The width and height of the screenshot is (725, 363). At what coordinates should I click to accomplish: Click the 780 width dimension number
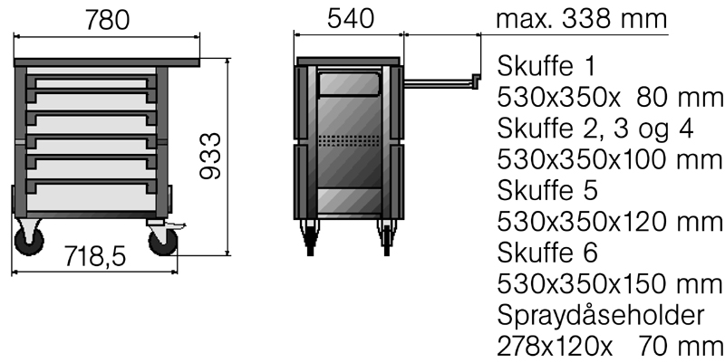pos(107,20)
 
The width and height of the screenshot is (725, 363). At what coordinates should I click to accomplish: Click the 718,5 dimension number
pos(95,256)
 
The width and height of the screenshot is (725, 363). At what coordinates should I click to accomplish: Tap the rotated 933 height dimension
pos(210,156)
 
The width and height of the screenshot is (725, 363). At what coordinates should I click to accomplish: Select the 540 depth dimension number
pos(350,19)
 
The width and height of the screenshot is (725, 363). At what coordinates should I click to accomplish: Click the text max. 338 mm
pos(581,19)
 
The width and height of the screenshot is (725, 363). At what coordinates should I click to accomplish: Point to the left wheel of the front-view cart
pos(29,240)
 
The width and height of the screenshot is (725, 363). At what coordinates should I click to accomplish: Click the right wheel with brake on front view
pos(164,241)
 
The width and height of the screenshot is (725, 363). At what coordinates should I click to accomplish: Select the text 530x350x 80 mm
pos(609,97)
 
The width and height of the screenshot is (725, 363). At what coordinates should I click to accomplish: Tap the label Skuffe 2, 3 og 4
pos(595,129)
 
